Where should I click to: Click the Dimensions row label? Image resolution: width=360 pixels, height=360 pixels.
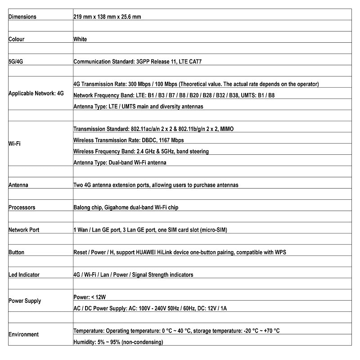[22, 17]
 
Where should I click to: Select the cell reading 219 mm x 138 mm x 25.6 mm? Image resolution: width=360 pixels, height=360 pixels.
[107, 17]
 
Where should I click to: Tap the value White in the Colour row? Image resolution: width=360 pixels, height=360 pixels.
[80, 39]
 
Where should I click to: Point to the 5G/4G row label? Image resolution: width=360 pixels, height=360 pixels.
[16, 61]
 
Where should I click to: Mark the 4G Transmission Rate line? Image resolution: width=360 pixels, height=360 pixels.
[196, 84]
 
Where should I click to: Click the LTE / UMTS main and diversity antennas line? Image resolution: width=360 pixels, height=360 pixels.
[138, 107]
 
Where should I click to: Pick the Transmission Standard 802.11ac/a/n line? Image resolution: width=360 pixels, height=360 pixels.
[153, 129]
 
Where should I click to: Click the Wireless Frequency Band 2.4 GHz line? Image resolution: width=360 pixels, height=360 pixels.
[141, 151]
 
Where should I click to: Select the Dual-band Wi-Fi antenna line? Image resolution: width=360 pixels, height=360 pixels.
[120, 162]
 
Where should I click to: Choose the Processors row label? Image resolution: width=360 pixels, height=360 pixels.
[22, 207]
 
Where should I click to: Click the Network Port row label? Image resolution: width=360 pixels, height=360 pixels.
[24, 230]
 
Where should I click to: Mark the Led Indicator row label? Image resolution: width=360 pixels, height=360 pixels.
[24, 274]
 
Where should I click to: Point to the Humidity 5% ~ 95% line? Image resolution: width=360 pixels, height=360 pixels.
[118, 342]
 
